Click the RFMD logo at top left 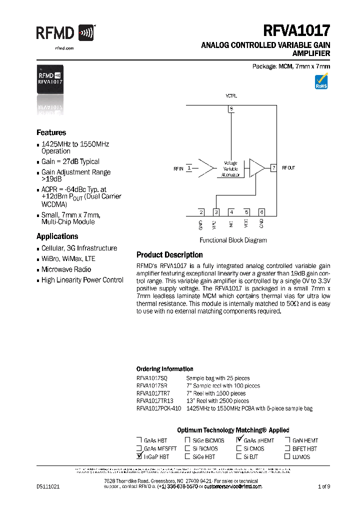coord(65,33)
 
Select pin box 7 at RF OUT coord(273,168)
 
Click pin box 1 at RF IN coord(189,168)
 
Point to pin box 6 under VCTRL coord(231,108)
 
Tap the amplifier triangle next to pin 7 coord(256,168)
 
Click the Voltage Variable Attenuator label coord(230,169)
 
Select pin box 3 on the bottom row coord(216,212)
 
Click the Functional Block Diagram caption coord(233,240)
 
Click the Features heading coord(51,132)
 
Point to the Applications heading coord(57,236)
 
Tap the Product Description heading coord(169,255)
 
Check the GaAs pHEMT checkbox coord(239,440)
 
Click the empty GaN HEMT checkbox coord(287,440)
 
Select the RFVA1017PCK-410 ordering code coord(158,408)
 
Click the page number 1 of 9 coord(324,486)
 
